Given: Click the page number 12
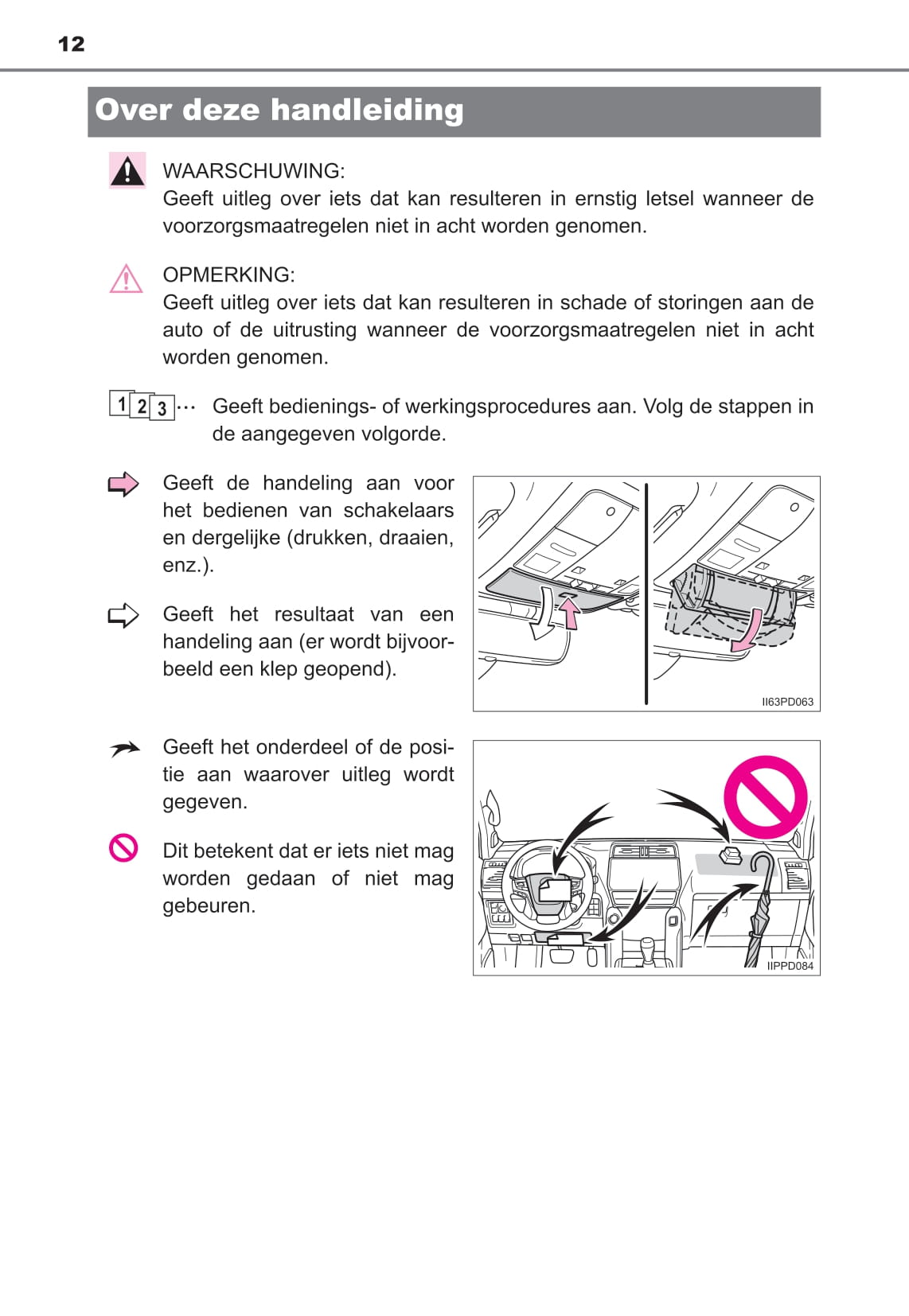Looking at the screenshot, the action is click(x=71, y=44).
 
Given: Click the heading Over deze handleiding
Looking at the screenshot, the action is click(x=279, y=110).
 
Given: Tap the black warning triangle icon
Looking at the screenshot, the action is click(x=127, y=171).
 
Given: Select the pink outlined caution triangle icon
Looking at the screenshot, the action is click(x=126, y=278).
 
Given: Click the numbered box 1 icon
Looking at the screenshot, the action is click(x=121, y=403).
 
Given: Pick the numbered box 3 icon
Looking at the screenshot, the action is click(x=162, y=407).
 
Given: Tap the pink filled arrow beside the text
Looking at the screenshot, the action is click(x=123, y=484).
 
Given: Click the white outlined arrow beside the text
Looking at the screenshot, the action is click(x=123, y=615).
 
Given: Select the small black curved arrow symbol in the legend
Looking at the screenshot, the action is click(x=125, y=749).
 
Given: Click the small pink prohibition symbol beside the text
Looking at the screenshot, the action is click(x=123, y=848).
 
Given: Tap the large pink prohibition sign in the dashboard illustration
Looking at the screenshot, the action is click(x=766, y=797).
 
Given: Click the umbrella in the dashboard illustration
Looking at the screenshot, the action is click(x=759, y=909).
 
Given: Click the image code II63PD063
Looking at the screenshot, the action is click(x=787, y=702).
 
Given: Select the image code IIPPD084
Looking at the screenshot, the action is click(x=790, y=966).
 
